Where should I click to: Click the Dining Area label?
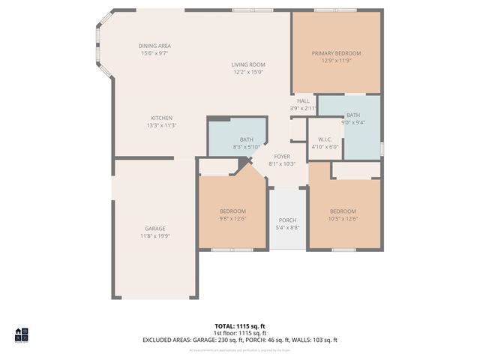pyautogui.click(x=154, y=46)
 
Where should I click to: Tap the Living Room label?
pyautogui.click(x=248, y=64)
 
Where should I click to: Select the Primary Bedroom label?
pyautogui.click(x=337, y=53)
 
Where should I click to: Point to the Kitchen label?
pyautogui.click(x=161, y=118)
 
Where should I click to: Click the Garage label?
pyautogui.click(x=155, y=229)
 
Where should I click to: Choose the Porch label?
pyautogui.click(x=287, y=220)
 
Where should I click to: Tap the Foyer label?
pyautogui.click(x=282, y=157)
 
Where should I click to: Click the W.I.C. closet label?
pyautogui.click(x=325, y=139)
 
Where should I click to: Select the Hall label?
pyautogui.click(x=303, y=101)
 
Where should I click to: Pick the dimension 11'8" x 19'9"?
pyautogui.click(x=155, y=235)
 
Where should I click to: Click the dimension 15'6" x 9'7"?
pyautogui.click(x=154, y=53)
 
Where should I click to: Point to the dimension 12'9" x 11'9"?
pyautogui.click(x=337, y=61)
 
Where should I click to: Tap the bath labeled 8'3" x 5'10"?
pyautogui.click(x=247, y=139)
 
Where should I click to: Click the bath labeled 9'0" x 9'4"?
pyautogui.click(x=352, y=115)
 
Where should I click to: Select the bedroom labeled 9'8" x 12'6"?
pyautogui.click(x=232, y=211)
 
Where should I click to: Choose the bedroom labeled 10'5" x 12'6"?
pyautogui.click(x=343, y=211)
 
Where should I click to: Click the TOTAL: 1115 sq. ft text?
pyautogui.click(x=240, y=326)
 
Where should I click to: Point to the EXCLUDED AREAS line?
pyautogui.click(x=240, y=340)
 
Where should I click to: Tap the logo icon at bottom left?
pyautogui.click(x=21, y=334)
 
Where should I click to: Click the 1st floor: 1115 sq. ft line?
pyautogui.click(x=240, y=333)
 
